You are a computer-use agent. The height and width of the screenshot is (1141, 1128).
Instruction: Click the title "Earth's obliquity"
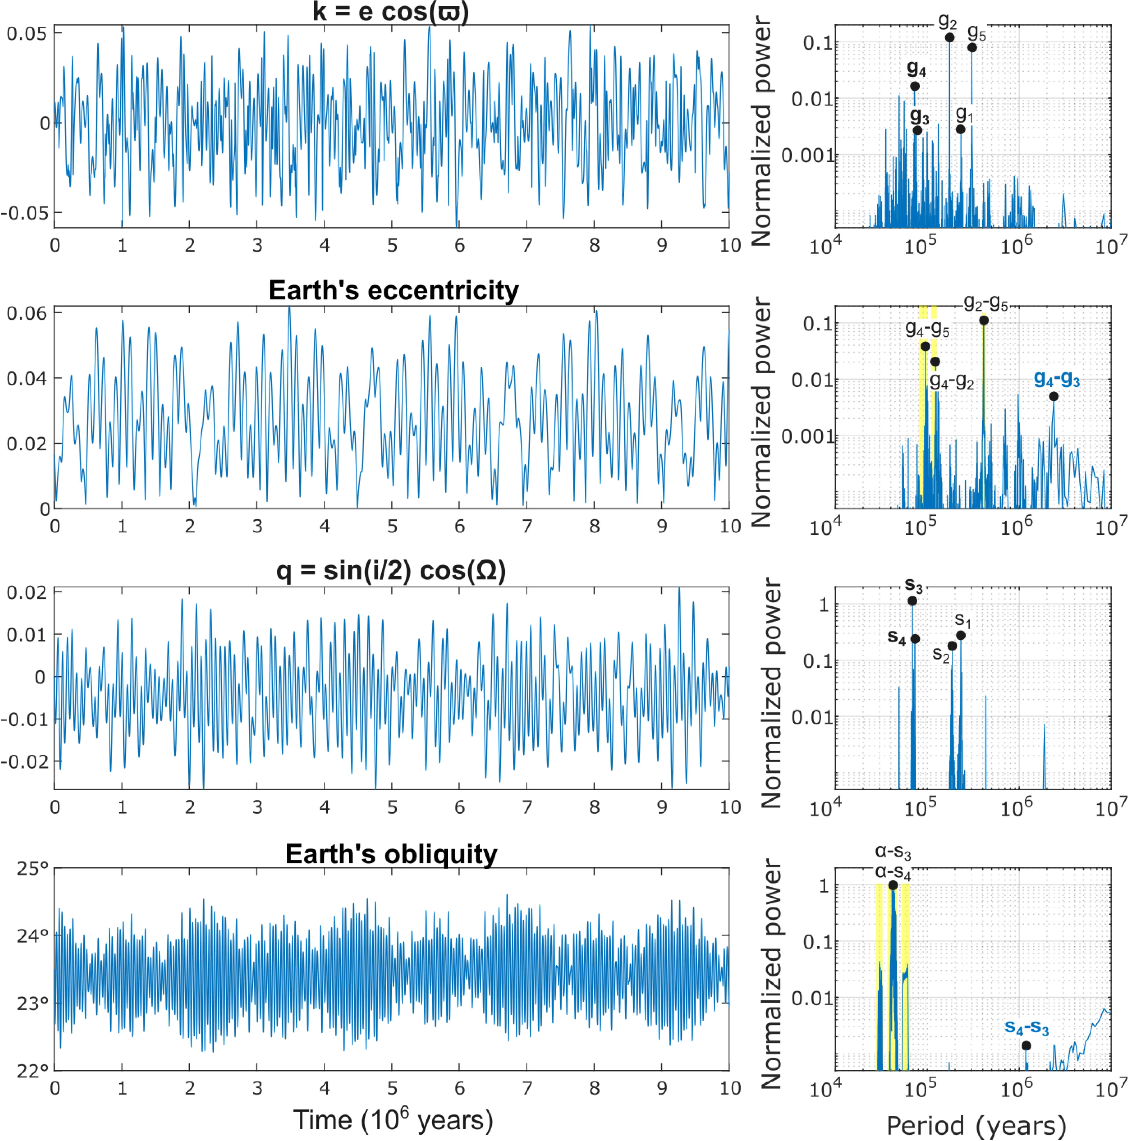[391, 854]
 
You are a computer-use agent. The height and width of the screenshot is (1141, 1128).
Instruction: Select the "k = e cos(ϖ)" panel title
[391, 12]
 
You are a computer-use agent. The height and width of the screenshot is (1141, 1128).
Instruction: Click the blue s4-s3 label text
[1026, 1028]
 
